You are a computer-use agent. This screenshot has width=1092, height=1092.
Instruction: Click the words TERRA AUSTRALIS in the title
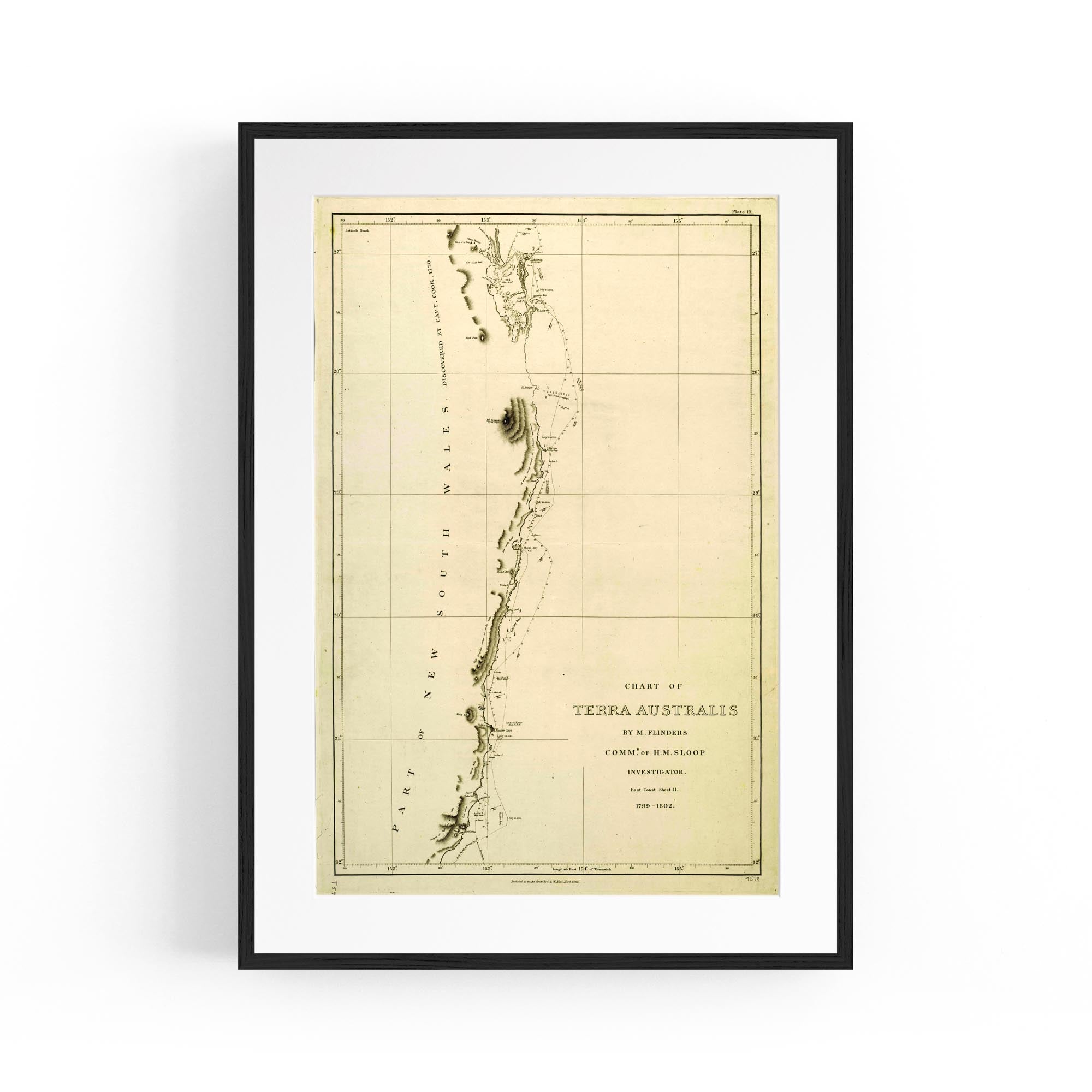tap(655, 710)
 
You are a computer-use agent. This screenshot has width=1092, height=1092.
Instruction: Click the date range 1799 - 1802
tap(655, 806)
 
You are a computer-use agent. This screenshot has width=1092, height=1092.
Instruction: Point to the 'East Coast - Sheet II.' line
tap(655, 790)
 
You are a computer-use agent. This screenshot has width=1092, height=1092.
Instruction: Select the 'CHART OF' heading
tap(654, 687)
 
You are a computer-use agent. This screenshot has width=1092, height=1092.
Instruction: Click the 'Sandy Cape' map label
tap(503, 730)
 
